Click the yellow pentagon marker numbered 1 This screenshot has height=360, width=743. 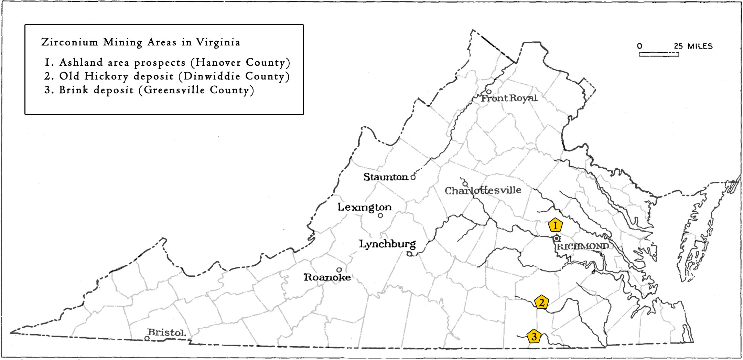(x=555, y=225)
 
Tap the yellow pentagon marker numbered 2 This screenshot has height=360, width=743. (x=541, y=302)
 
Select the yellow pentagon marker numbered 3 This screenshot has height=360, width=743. (x=534, y=336)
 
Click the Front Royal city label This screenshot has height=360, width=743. (x=509, y=98)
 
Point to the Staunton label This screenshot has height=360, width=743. (x=386, y=177)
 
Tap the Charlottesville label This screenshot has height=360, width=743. (x=483, y=190)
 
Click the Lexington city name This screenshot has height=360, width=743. (x=364, y=207)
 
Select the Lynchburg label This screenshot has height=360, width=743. (x=387, y=244)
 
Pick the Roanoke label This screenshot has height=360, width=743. (x=327, y=277)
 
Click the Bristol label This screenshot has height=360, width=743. (x=166, y=332)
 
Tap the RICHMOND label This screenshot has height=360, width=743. (x=583, y=246)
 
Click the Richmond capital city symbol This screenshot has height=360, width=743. (x=557, y=238)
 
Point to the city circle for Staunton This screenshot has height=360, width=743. (x=413, y=178)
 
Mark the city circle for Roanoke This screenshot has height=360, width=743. (x=339, y=270)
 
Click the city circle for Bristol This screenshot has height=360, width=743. (x=147, y=338)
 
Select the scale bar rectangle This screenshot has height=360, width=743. (x=659, y=54)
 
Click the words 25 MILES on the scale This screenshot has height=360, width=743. (x=693, y=46)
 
